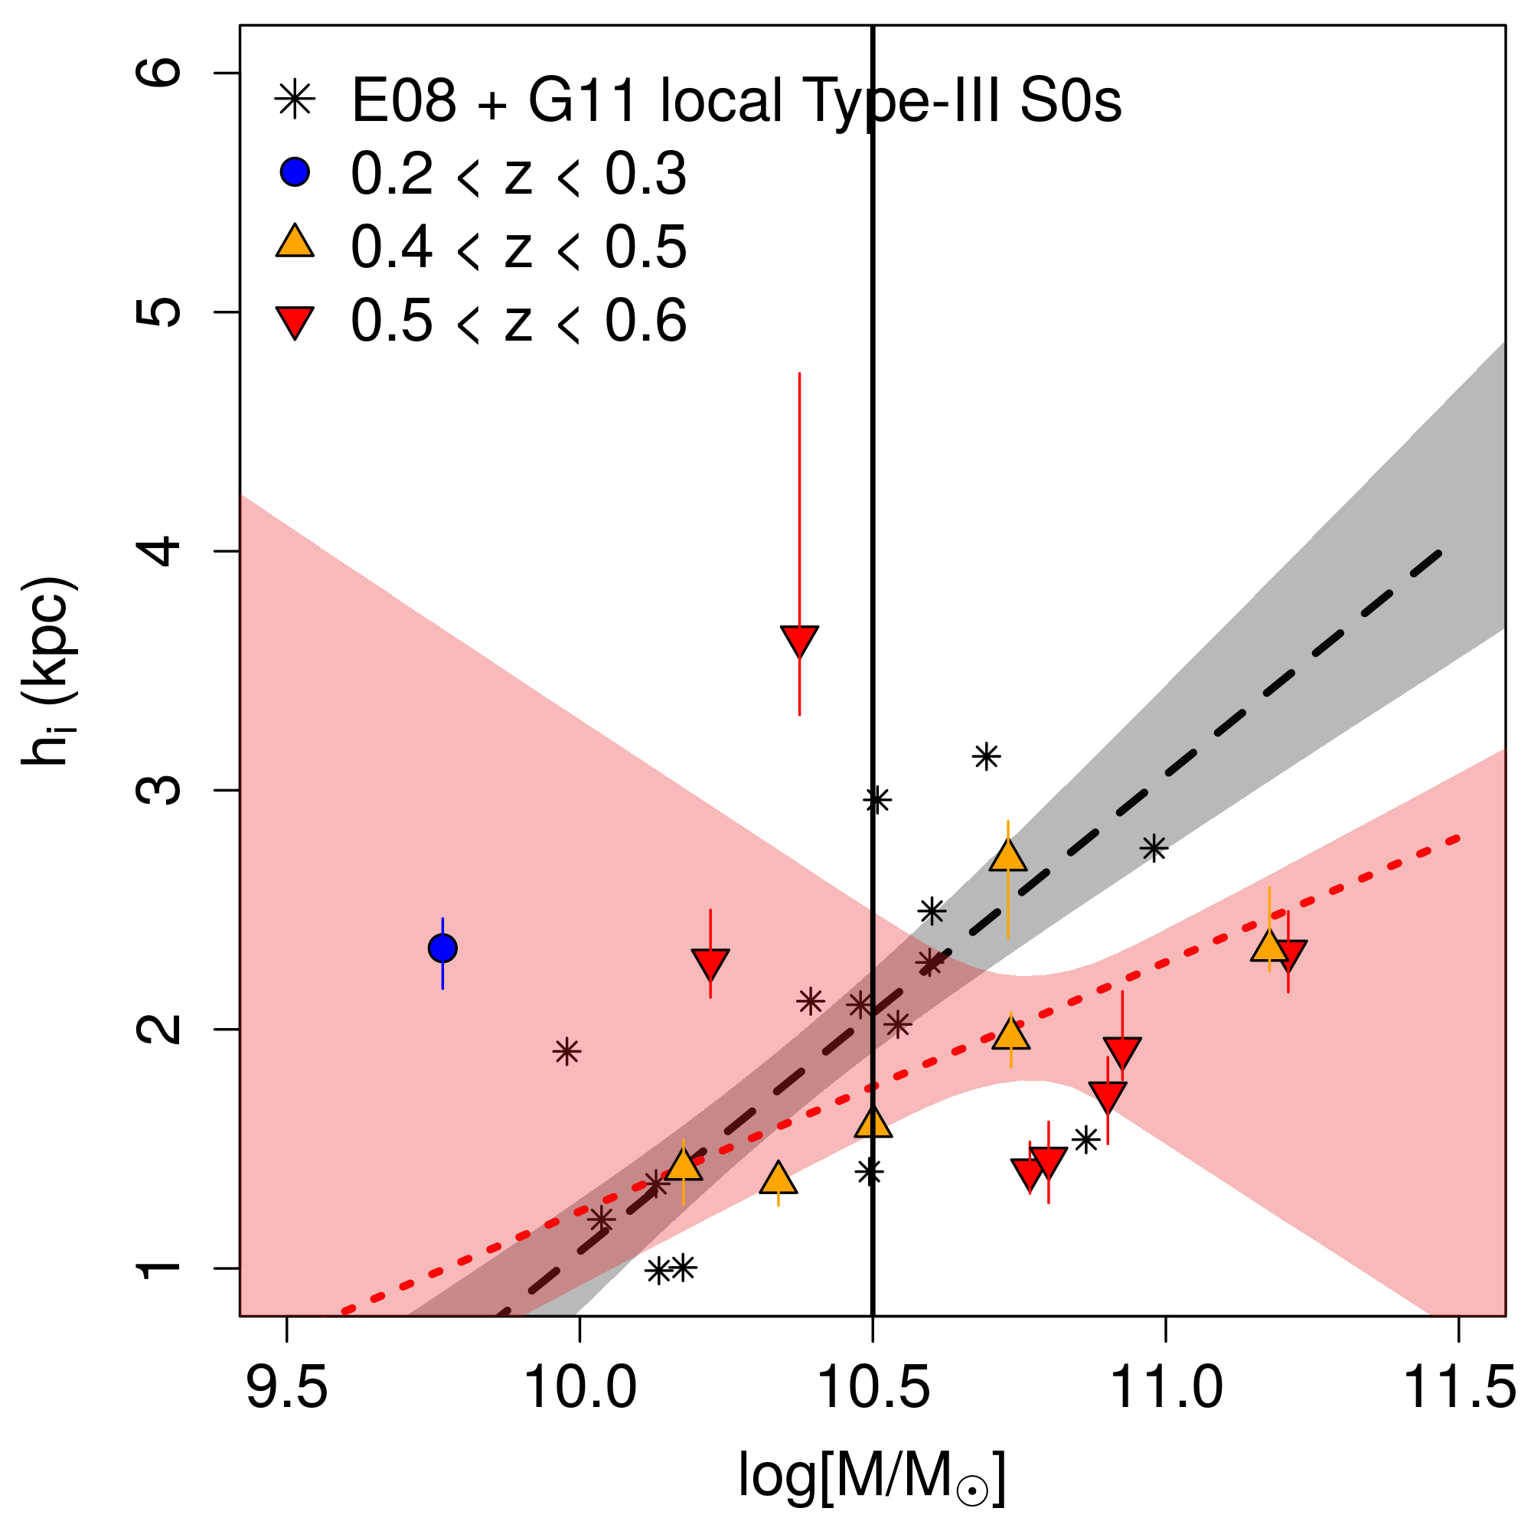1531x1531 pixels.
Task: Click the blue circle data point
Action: [x=442, y=948]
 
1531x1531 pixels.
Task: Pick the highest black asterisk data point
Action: [x=986, y=757]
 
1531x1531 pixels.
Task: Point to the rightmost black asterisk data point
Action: [x=1154, y=849]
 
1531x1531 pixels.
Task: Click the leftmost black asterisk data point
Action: [x=566, y=1053]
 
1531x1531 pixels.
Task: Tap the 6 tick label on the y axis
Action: [x=158, y=73]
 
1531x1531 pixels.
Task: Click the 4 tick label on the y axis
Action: [x=158, y=551]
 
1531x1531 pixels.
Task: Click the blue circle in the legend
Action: [x=295, y=172]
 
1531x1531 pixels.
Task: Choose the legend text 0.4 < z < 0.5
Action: [x=518, y=246]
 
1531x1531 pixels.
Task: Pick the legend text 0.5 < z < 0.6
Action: [x=518, y=321]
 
